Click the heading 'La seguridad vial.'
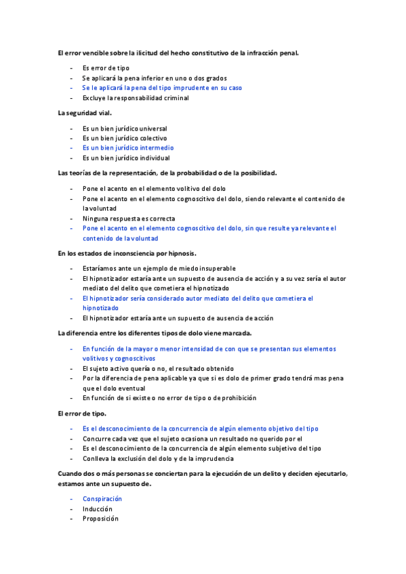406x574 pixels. coord(85,112)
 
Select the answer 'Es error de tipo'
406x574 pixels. coord(106,68)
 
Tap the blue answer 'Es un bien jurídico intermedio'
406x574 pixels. coord(128,148)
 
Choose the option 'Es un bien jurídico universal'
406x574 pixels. coord(125,129)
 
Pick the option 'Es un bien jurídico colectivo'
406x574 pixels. coord(126,138)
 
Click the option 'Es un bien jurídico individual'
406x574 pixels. coord(126,158)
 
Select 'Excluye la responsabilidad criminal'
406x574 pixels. coord(136,98)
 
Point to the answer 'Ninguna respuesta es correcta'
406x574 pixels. coord(129,219)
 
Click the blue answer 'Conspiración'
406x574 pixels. coord(102,499)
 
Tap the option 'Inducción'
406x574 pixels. coord(98,509)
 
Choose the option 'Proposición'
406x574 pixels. coord(100,518)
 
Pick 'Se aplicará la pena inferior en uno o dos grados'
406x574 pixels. coord(155,79)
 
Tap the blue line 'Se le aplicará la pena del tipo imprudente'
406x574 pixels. coord(162,88)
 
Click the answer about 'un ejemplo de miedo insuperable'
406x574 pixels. coord(159,268)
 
